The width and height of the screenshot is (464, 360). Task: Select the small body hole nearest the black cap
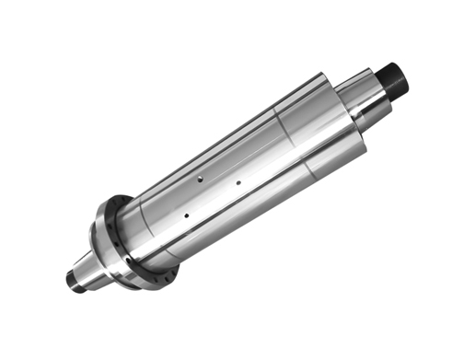238,182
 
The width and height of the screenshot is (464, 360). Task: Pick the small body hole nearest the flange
186,215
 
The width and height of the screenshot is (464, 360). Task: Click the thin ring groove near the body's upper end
288,130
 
